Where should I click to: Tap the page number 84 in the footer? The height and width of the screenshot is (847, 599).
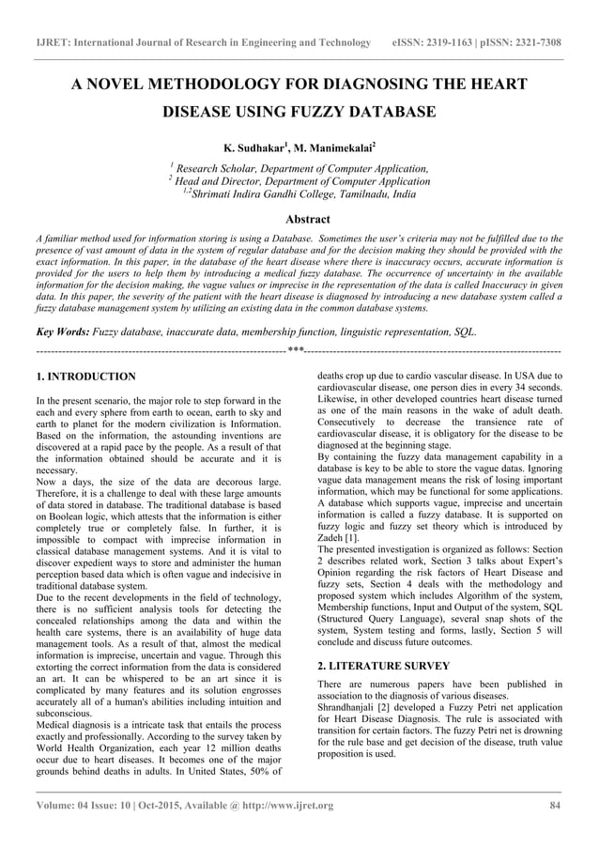(555, 806)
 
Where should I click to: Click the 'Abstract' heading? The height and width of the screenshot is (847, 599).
(299, 218)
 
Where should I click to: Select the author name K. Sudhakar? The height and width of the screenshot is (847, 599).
(257, 148)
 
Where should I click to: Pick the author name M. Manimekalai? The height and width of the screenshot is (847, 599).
(331, 148)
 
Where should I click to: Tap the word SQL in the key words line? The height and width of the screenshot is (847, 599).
(465, 331)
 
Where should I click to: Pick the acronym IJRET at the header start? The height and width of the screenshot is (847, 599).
(53, 43)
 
